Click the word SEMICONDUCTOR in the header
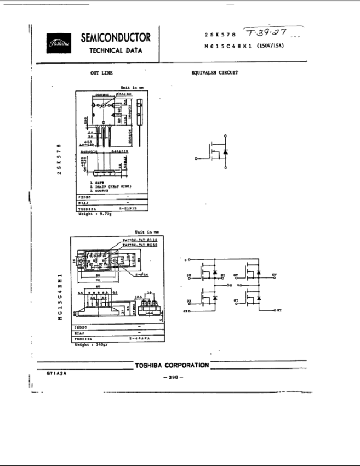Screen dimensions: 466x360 (x=116, y=38)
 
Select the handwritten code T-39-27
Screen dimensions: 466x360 (x=272, y=32)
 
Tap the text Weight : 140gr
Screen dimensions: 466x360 (x=89, y=345)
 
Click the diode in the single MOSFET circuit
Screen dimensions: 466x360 (x=226, y=151)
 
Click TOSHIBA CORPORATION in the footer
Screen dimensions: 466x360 (x=172, y=365)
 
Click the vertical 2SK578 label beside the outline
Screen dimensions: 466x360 (x=59, y=159)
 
